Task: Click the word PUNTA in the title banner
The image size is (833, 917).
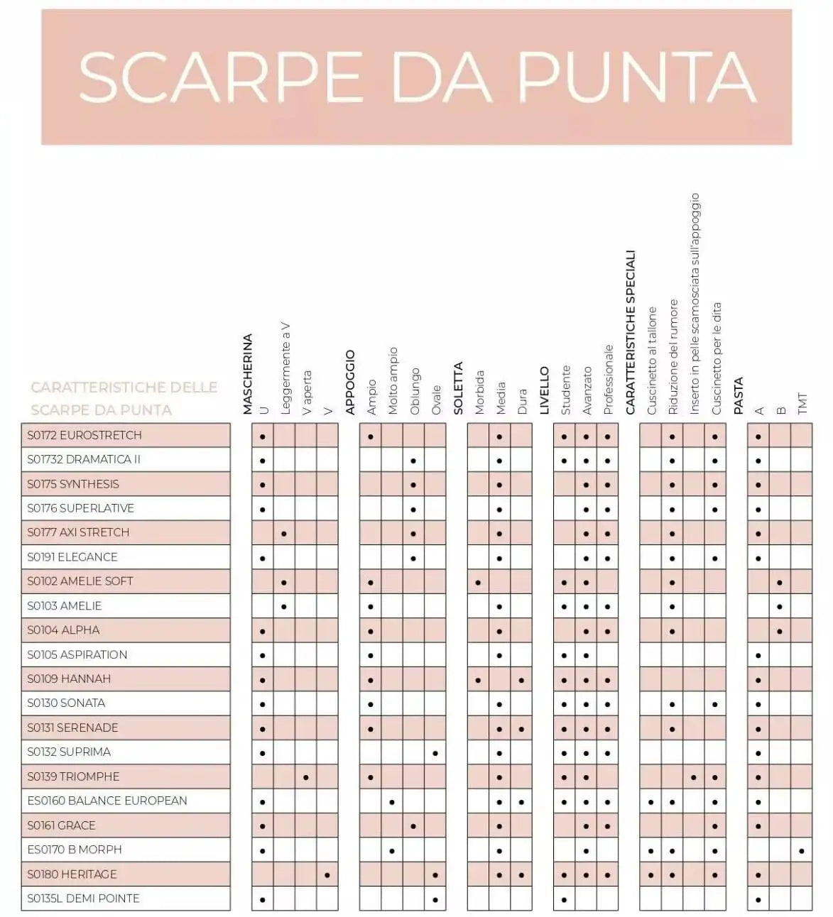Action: (x=636, y=77)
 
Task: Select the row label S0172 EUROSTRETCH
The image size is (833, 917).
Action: (x=85, y=435)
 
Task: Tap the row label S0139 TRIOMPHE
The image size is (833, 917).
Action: (x=73, y=776)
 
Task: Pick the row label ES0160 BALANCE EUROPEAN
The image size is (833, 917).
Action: (x=107, y=801)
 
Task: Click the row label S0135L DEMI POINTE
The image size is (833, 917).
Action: (x=83, y=899)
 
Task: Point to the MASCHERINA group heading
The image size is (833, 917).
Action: (x=248, y=374)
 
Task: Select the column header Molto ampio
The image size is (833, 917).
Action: (x=393, y=380)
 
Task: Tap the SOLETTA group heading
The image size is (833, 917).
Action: (x=458, y=388)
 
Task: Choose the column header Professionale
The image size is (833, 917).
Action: (x=608, y=380)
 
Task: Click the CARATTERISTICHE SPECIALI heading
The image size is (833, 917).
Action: (x=631, y=332)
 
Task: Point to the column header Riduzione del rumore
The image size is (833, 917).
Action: (x=673, y=357)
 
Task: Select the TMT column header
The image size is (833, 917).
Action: (x=802, y=403)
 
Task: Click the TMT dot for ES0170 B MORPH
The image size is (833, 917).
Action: (x=802, y=850)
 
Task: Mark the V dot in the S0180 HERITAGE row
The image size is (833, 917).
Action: (x=327, y=875)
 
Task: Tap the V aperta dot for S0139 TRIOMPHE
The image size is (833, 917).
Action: (x=306, y=777)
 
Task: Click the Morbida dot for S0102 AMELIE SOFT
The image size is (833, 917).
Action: (x=478, y=583)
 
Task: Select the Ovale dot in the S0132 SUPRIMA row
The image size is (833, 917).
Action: (x=435, y=753)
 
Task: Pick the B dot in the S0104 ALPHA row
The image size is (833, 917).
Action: (x=780, y=631)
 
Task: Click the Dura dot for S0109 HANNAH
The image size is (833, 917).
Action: (x=521, y=680)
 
